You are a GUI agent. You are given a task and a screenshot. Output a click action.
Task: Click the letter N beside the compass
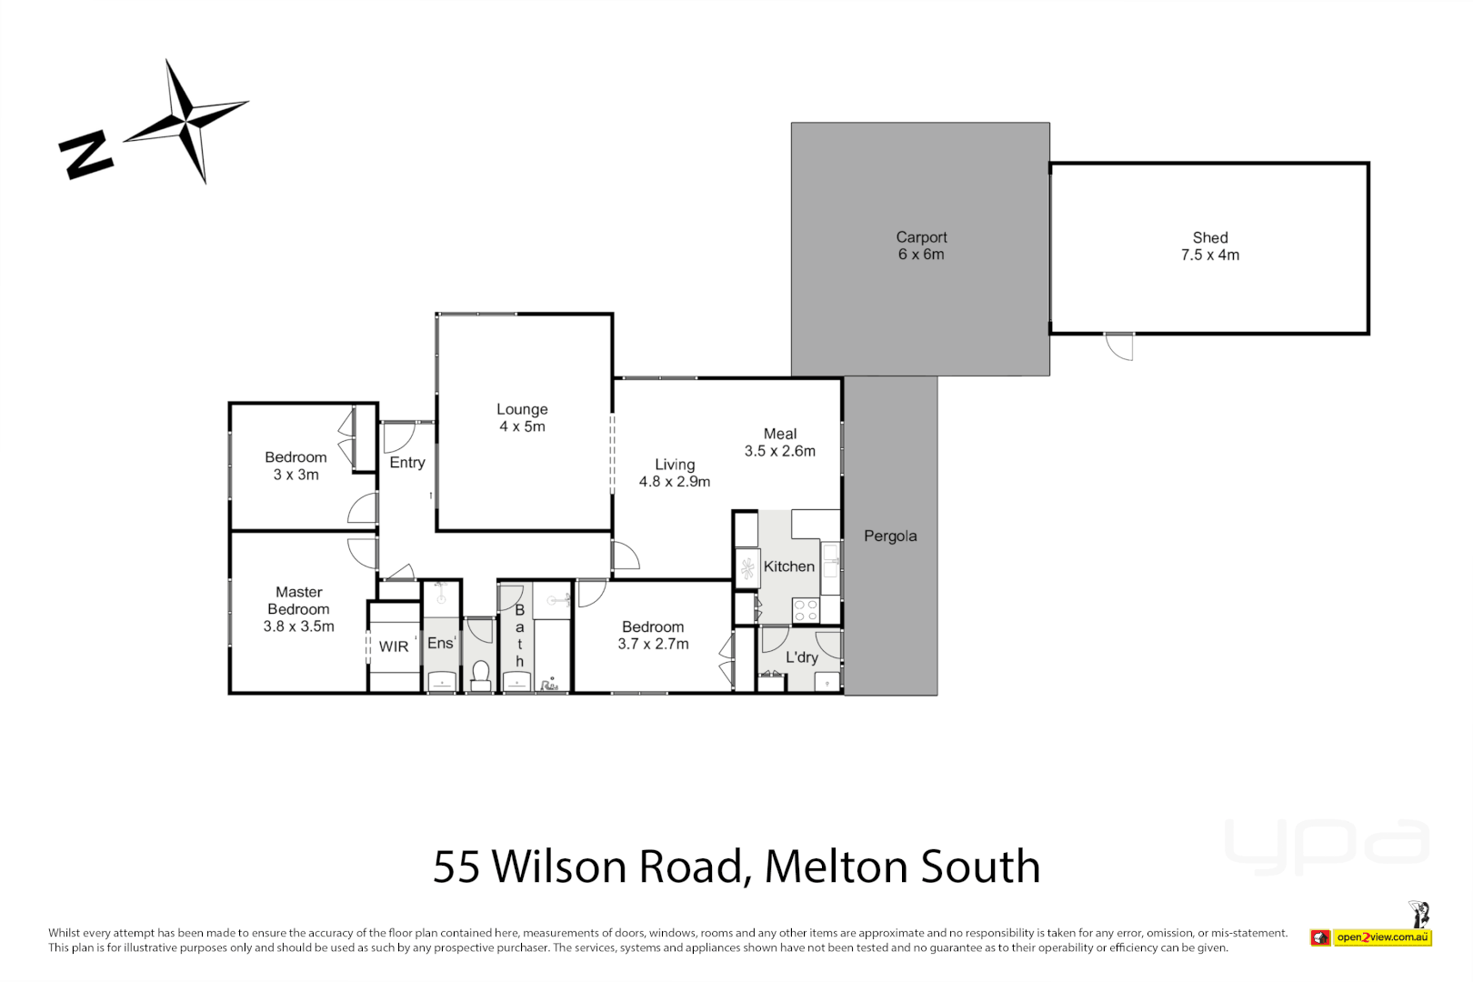85,155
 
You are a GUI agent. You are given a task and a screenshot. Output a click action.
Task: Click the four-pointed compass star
185,120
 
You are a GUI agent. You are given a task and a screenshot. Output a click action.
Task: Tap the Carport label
921,237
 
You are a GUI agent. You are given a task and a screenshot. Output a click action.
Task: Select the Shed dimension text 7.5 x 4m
1209,256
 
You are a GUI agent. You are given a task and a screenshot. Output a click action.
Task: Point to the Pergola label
890,536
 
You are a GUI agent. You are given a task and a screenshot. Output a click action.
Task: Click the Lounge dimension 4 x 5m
522,426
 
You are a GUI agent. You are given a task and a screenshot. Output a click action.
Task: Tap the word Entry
407,463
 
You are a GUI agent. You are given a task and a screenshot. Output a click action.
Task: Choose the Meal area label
780,435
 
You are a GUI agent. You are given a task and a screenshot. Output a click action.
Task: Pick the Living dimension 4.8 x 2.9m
675,482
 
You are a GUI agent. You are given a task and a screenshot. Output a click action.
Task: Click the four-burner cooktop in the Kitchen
806,610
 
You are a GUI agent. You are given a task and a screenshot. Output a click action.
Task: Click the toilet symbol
480,674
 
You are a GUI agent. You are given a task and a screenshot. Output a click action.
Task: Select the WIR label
394,646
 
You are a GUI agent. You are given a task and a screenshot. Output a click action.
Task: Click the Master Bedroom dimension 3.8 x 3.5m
299,626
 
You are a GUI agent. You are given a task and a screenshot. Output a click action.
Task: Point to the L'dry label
802,657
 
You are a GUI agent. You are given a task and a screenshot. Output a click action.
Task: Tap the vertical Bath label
520,636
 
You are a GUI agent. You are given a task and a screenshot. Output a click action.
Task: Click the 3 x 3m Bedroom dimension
296,475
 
